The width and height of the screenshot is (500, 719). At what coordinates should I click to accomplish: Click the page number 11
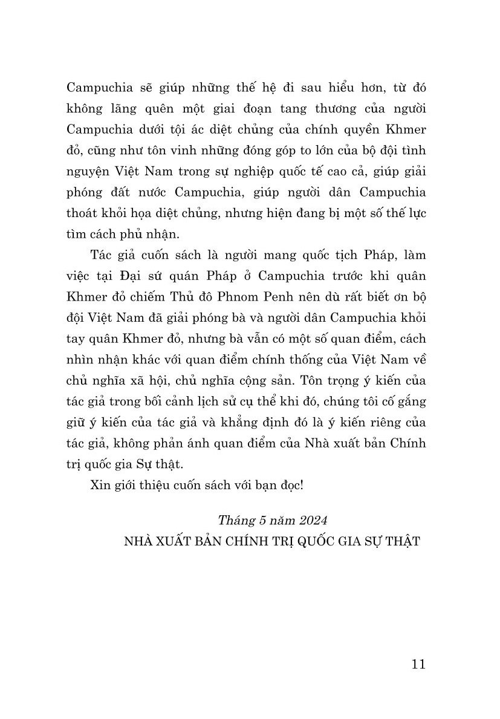[x=418, y=664]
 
